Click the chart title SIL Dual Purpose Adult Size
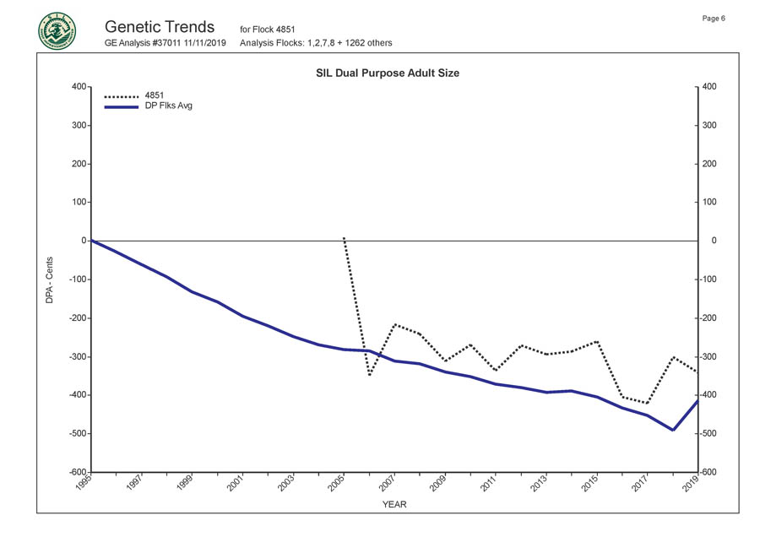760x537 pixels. [393, 73]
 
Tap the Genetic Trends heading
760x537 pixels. [160, 27]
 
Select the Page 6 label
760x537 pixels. [714, 19]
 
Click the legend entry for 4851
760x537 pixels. [155, 95]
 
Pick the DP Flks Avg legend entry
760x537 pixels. [169, 106]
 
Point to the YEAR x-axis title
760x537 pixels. [394, 504]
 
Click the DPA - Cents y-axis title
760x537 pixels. [50, 279]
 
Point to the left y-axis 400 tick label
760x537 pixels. [79, 87]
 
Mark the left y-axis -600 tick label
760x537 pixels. [76, 473]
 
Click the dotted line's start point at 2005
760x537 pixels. [344, 238]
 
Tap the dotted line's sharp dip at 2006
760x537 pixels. [369, 375]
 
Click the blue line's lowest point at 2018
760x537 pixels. [672, 430]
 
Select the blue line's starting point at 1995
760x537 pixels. [91, 241]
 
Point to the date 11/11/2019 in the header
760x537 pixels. [207, 42]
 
